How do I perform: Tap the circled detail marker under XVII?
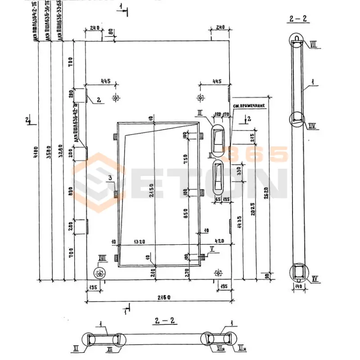99,273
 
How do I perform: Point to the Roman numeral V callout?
212,248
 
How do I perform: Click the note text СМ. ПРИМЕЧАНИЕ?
249,106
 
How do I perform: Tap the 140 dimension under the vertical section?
298,285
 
